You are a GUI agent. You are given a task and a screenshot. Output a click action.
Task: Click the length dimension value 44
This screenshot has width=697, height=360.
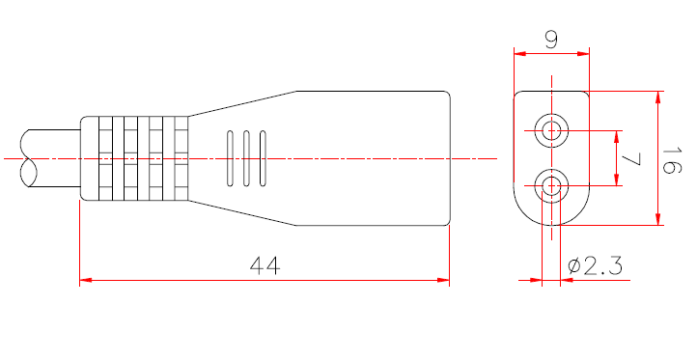coord(264,264)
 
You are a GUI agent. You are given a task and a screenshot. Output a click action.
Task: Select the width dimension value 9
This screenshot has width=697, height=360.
coord(550,40)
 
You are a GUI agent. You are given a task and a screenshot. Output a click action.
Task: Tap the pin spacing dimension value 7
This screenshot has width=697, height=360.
coord(631,159)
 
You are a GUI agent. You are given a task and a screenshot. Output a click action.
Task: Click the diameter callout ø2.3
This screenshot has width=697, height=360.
coord(596,264)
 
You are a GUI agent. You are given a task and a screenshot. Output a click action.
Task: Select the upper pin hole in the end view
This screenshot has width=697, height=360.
coord(551,130)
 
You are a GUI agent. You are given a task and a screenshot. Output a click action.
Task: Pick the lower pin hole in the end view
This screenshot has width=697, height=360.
coord(551,186)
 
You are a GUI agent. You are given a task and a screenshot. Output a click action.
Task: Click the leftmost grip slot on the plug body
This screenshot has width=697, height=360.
coord(230,157)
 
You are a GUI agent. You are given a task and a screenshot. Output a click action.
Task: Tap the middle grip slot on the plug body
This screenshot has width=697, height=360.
coord(245,157)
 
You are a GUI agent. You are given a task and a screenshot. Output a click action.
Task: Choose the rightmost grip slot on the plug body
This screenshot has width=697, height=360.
coord(262,157)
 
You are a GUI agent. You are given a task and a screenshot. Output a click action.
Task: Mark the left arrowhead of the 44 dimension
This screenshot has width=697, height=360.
coord(85,281)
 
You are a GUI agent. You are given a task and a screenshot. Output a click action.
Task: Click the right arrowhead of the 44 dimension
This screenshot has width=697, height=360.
coord(444,281)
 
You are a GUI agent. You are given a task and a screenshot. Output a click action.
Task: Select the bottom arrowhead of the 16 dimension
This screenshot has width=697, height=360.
coord(659,220)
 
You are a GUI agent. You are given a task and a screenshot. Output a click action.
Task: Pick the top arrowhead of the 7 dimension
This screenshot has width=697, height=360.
coord(616,135)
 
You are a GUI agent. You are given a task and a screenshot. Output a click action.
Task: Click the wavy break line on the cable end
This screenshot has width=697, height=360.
coord(26,158)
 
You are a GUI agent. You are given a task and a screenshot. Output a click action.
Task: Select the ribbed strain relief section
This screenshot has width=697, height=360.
coord(134,159)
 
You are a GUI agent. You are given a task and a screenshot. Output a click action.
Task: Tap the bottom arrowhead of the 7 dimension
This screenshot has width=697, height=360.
coord(616,180)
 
